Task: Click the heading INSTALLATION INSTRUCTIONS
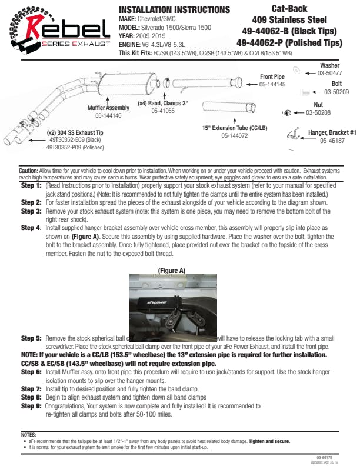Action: (174, 10)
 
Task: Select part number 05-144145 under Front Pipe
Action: (272, 84)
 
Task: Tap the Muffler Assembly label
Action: (108, 108)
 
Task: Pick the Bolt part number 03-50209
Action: (336, 92)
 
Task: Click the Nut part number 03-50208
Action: (318, 112)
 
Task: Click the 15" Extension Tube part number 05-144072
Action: (235, 135)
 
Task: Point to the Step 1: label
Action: (31, 185)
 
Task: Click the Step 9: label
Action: (31, 406)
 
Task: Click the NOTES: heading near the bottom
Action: (28, 434)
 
